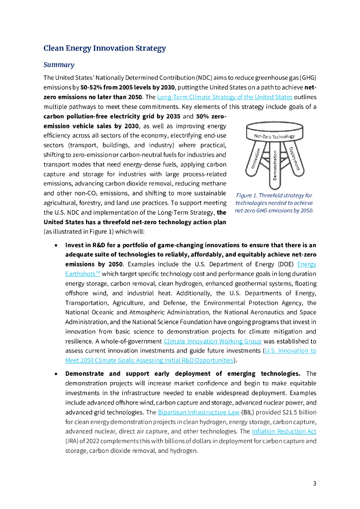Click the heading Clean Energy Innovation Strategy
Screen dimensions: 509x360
[x=104, y=48]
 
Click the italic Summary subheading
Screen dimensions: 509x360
[x=59, y=65]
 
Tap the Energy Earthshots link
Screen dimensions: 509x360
[x=306, y=264]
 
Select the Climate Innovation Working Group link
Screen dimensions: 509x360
[x=212, y=341]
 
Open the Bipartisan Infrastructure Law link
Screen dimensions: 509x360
[x=198, y=413]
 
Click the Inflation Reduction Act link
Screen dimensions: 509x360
[x=284, y=431]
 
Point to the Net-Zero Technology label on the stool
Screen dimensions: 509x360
[x=274, y=136]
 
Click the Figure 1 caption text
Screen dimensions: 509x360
[x=274, y=203]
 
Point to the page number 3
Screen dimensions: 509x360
[x=314, y=483]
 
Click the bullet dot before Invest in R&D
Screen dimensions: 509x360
[x=57, y=245]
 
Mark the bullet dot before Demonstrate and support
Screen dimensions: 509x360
[x=57, y=374]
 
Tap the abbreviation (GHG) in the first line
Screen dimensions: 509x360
[x=308, y=78]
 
